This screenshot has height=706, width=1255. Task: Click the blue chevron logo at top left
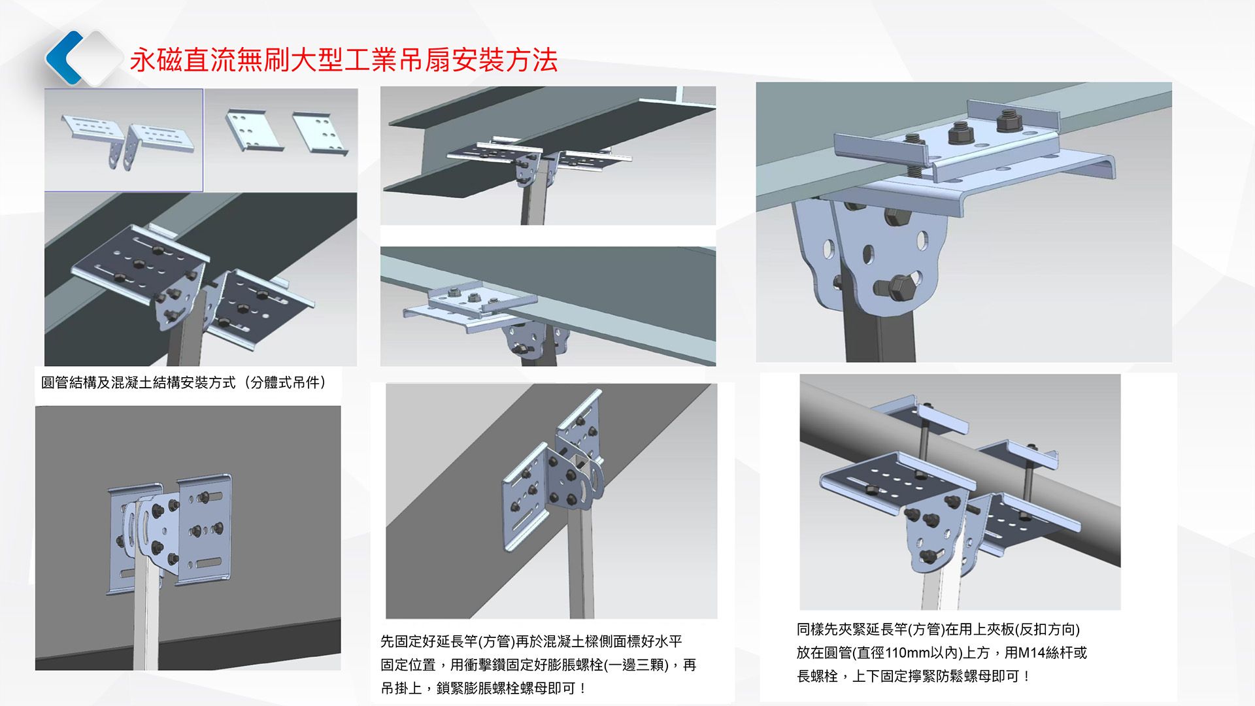(65, 58)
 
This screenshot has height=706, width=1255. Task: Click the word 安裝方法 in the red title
(504, 60)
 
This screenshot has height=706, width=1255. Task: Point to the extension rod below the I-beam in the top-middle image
(533, 203)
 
